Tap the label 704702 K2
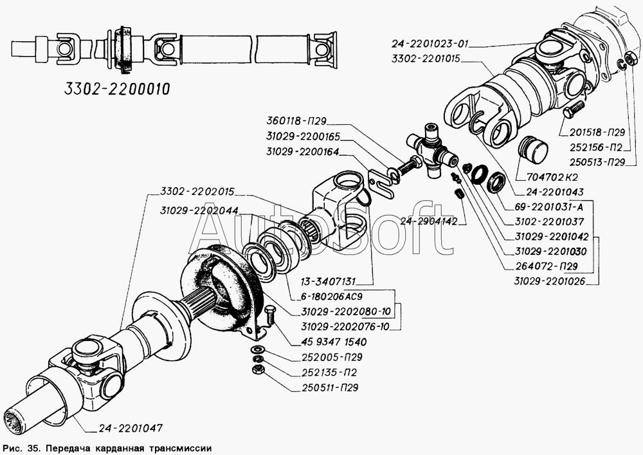point(547,177)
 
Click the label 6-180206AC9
point(327,296)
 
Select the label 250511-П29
point(329,387)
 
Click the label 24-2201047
point(131,428)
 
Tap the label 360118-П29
point(296,121)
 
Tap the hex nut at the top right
point(632,59)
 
